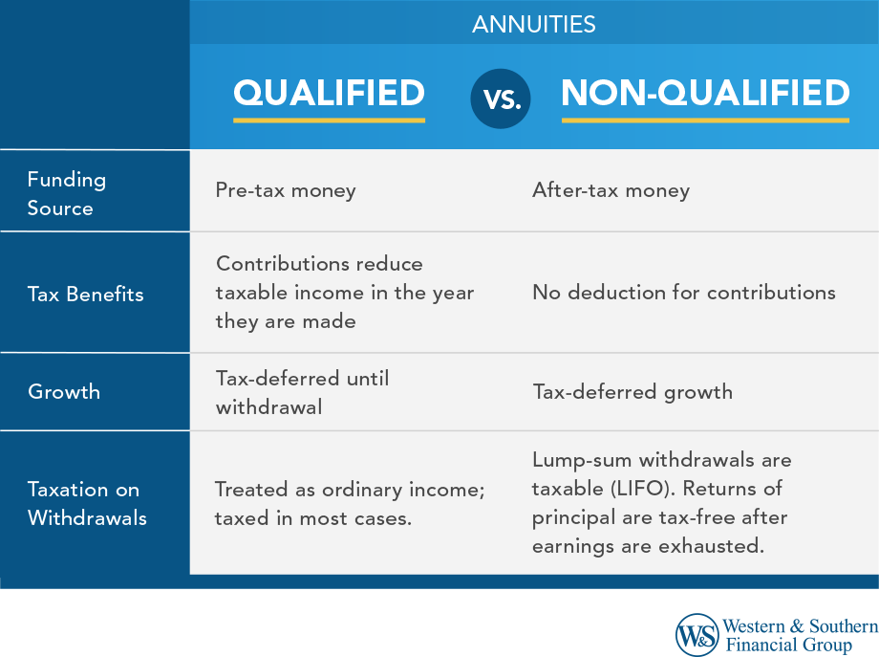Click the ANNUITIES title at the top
pos(533,24)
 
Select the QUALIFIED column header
pos(329,94)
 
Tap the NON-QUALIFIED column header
pos(705,94)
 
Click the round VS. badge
pos(502,98)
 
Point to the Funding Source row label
pos(66,193)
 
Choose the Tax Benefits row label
pos(85,294)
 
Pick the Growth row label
pos(64,391)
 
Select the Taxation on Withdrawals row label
pos(87,503)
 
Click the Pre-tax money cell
pos(286,190)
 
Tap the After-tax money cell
pos(611,190)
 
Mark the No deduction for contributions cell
pos(683,293)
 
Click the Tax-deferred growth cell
pos(632,391)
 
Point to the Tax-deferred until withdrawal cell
pos(302,392)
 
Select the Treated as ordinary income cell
pos(350,504)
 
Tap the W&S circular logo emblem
pos(697,634)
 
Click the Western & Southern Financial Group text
pos(800,635)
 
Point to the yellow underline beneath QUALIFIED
pos(329,120)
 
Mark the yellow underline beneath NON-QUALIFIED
pos(705,120)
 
